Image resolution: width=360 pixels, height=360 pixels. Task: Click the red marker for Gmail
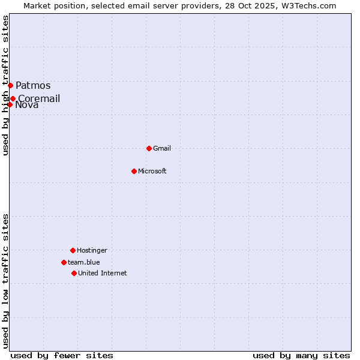coord(149,148)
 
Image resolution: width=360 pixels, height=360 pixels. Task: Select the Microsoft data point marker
coord(134,171)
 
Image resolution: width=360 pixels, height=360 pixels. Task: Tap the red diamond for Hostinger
coord(73,250)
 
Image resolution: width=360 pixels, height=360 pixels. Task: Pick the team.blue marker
coord(64,262)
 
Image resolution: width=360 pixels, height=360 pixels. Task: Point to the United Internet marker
coord(74,273)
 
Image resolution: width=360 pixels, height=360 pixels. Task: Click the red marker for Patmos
coord(10,85)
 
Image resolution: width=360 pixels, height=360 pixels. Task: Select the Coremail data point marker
coord(13,98)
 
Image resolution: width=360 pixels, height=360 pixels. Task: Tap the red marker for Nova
coord(10,105)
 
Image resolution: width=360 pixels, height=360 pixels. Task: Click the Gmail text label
coord(162,148)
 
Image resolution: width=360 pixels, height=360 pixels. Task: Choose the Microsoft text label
coord(152,171)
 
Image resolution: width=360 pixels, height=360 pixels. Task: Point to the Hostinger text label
coord(92,250)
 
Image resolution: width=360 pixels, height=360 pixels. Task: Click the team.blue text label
coord(84,262)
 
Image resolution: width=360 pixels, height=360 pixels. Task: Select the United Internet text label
coord(103,273)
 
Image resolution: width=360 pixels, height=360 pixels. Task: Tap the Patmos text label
coord(33,85)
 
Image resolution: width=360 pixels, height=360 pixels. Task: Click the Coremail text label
coord(39,98)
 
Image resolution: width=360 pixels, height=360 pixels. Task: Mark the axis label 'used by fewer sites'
coord(62,355)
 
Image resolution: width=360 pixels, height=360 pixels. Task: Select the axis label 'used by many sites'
coord(301,355)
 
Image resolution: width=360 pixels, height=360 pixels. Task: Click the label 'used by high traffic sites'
coord(5,85)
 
